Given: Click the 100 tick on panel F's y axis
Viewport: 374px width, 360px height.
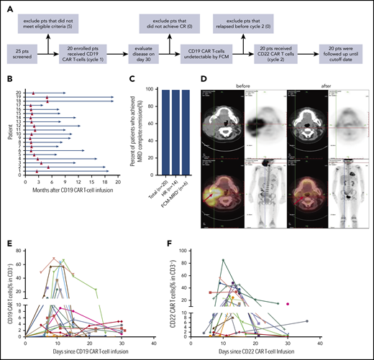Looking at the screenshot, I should coord(205,251).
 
